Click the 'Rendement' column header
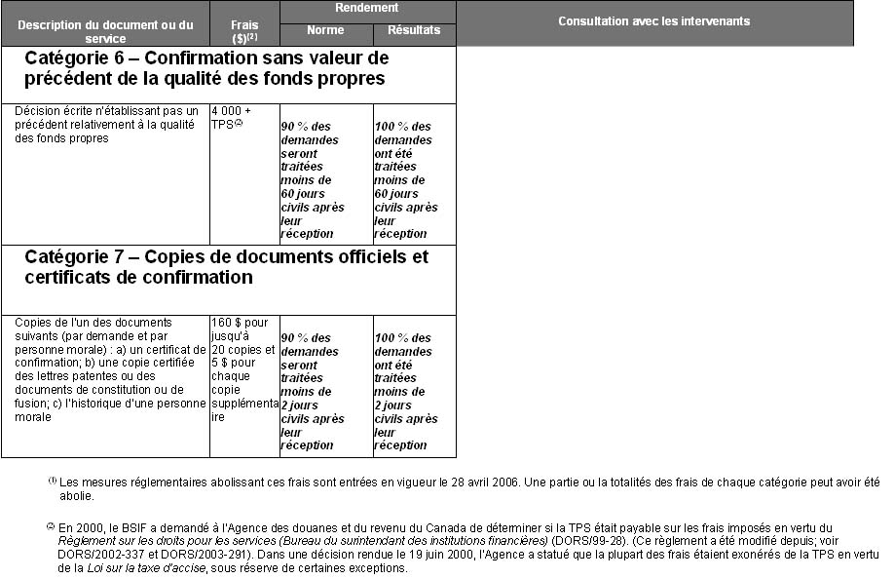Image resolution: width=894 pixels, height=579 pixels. coord(367,8)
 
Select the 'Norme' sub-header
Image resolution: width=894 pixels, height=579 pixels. coord(325,30)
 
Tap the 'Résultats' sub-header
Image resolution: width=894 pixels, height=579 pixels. coord(414,30)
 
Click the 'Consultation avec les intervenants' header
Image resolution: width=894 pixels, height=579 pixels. coord(653,21)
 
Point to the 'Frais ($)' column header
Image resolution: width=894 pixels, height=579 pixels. coord(244,31)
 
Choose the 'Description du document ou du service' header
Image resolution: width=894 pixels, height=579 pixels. coord(105,31)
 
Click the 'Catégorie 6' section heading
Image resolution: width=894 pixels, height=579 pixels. coord(206,68)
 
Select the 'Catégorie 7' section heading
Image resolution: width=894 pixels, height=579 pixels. coord(226,267)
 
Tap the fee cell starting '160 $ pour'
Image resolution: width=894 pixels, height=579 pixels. coord(243,369)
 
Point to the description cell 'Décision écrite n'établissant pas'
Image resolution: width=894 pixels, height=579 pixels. coord(105,125)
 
